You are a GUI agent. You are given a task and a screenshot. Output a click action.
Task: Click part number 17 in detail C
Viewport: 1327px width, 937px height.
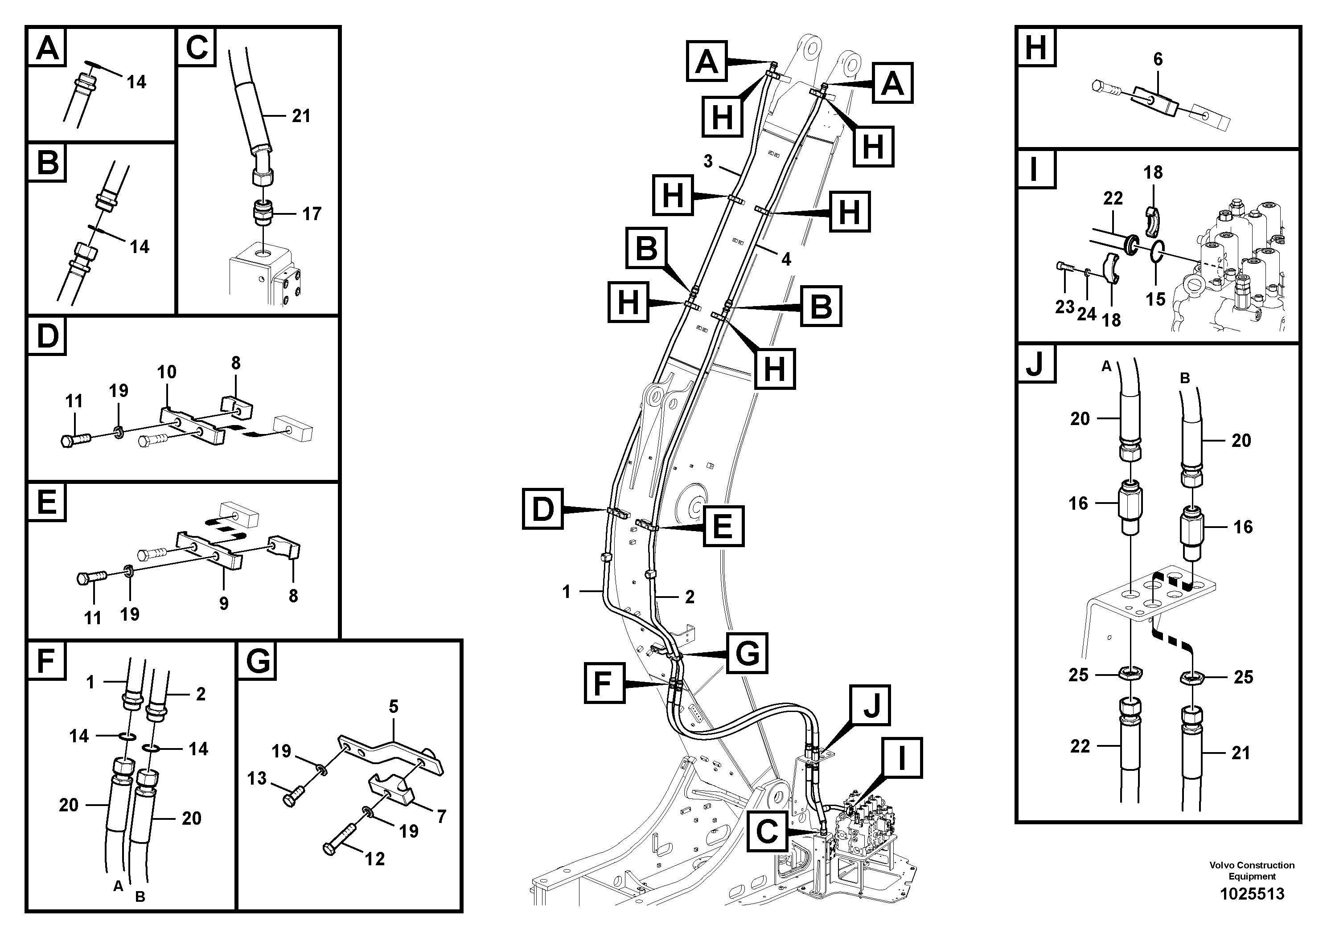pyautogui.click(x=312, y=214)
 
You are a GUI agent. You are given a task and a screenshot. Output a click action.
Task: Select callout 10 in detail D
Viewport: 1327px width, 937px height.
pyautogui.click(x=166, y=372)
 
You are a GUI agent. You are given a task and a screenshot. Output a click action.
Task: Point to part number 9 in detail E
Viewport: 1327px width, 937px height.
pyautogui.click(x=224, y=604)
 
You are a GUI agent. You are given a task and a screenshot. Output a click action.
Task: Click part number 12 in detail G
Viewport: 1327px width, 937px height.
pyautogui.click(x=374, y=859)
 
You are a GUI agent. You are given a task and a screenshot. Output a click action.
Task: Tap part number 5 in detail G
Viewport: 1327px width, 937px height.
pyautogui.click(x=394, y=707)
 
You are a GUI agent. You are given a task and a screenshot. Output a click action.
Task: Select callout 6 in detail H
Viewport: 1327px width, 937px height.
pyautogui.click(x=1158, y=60)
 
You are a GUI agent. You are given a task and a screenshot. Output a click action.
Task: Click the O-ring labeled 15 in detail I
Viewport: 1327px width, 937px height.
pyautogui.click(x=1155, y=299)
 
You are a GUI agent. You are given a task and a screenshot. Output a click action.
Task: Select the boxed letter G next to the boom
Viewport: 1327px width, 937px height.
pyautogui.click(x=747, y=653)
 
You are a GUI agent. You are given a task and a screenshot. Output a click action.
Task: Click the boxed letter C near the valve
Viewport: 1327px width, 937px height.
pyautogui.click(x=767, y=832)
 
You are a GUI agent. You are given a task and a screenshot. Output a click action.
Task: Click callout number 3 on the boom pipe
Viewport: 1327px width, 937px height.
pyautogui.click(x=708, y=161)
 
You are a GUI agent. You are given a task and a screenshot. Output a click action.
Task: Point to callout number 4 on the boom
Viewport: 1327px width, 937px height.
pyautogui.click(x=786, y=259)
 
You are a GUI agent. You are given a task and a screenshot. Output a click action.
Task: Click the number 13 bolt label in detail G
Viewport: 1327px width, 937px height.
pyautogui.click(x=257, y=779)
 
